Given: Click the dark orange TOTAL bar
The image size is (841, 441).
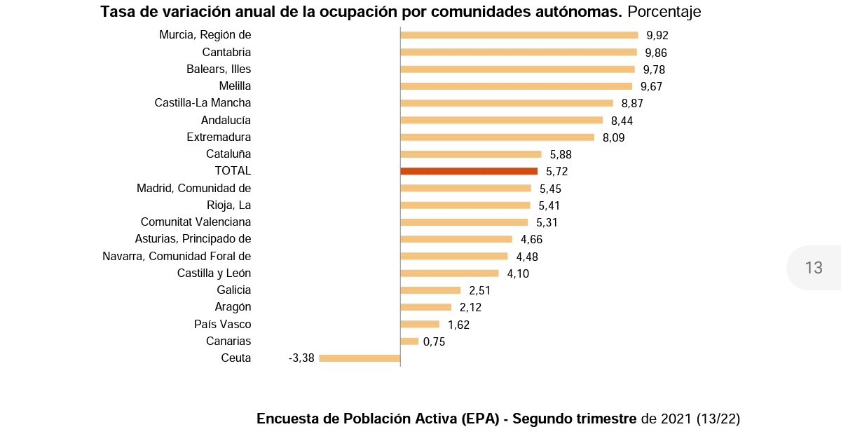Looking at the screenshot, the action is [x=469, y=171].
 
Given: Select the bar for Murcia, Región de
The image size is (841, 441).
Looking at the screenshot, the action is [x=519, y=35].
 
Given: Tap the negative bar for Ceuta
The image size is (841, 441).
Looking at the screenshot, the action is [x=360, y=358].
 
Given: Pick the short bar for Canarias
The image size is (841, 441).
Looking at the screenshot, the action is [x=409, y=341].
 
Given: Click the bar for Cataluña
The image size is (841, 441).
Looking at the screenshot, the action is [x=471, y=154].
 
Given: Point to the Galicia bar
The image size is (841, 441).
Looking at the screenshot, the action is [x=430, y=290].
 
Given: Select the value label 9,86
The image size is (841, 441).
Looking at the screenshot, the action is [x=656, y=53].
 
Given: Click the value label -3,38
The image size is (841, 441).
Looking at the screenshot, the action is [x=301, y=358].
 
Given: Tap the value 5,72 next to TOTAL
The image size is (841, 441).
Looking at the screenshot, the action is [x=556, y=171].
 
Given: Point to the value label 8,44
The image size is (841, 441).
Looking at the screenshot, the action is [x=622, y=121].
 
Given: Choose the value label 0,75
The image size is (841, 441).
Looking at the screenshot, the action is [x=434, y=341].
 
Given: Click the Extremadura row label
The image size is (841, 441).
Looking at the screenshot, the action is [x=219, y=137].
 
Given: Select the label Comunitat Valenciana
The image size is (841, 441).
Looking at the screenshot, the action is [x=196, y=222].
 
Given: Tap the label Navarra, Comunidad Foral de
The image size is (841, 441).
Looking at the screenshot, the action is [x=177, y=256].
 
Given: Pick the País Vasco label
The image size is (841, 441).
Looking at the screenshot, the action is [x=222, y=324].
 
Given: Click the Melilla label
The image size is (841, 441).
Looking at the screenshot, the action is [x=235, y=86].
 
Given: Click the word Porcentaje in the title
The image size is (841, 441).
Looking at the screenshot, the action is [x=664, y=12].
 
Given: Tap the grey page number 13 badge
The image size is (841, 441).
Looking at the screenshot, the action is [x=814, y=267].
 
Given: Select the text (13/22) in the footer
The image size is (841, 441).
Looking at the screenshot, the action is [x=718, y=419].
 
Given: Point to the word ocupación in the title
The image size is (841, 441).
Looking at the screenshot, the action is [x=358, y=12].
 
